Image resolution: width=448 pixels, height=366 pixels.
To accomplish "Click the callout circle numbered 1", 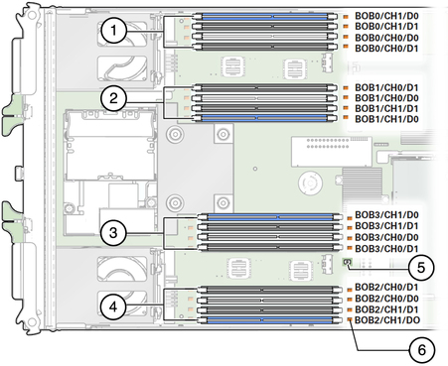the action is [x=114, y=31].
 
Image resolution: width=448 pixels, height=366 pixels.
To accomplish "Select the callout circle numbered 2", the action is [x=114, y=98].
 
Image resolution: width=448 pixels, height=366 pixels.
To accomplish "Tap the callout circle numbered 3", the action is [x=113, y=233].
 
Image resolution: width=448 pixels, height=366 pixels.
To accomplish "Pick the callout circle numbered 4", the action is [x=113, y=306].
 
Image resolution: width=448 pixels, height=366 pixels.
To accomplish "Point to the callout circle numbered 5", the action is [x=421, y=268].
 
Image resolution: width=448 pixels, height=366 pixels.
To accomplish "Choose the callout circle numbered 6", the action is [x=422, y=350].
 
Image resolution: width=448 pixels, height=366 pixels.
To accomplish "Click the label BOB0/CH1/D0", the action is [x=386, y=16].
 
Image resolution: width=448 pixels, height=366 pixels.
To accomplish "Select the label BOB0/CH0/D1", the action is [x=386, y=49].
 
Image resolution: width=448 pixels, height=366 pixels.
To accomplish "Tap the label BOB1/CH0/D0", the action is [x=386, y=98].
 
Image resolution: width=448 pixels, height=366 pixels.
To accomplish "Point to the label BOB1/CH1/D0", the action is [x=386, y=119].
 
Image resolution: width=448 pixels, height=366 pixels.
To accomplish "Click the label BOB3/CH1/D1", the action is [x=386, y=226].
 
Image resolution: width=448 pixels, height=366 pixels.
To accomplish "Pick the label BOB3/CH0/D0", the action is [x=386, y=237].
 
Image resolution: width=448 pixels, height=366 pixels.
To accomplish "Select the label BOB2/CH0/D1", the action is [x=386, y=287].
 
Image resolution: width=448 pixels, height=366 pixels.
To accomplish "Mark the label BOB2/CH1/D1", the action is [x=386, y=309].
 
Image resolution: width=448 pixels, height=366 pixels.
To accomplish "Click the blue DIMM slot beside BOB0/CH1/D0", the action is [x=265, y=16].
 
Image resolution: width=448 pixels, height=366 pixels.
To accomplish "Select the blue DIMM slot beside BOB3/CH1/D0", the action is [x=270, y=217].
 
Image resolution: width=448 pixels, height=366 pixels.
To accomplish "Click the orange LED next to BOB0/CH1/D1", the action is [x=346, y=26].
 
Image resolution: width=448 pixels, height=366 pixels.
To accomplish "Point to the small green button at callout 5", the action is [x=347, y=262].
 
